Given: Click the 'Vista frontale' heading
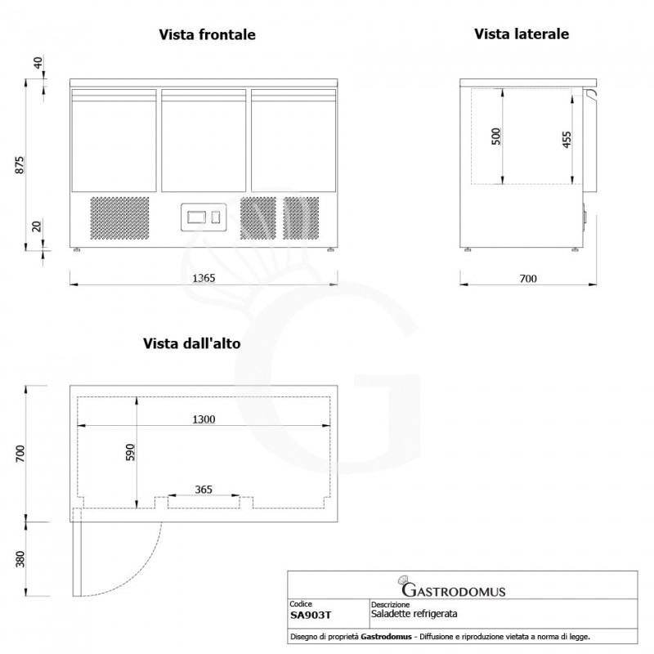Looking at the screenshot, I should pos(207,35).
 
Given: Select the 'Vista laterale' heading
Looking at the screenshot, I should pos(521,34).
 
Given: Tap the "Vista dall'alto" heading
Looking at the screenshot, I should pos(191,344).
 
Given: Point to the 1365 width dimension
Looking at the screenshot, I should pos(203,278).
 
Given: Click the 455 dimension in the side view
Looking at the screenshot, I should pos(566,139).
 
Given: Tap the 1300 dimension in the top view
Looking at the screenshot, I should pos(204,419).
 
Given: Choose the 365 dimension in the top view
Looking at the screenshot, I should pos(204,490).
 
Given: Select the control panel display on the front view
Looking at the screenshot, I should pos(199,217).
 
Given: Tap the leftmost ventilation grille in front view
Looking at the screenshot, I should pos(119,217).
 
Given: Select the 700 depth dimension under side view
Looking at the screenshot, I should pos(527,279).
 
